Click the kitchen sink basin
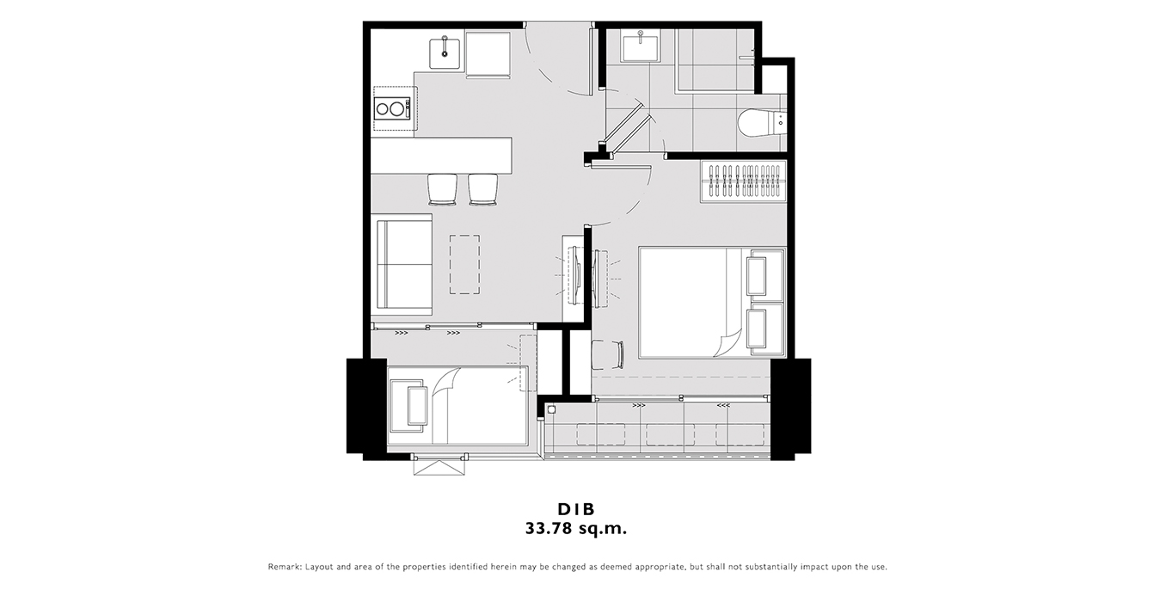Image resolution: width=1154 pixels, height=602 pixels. pyautogui.click(x=445, y=52)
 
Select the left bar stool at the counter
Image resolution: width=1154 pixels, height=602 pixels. pyautogui.click(x=442, y=190)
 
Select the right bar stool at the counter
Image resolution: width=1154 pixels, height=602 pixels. pyautogui.click(x=482, y=190)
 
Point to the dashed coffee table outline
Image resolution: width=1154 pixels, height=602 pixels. pyautogui.click(x=464, y=264)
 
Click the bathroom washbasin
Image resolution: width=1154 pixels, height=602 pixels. pyautogui.click(x=641, y=47)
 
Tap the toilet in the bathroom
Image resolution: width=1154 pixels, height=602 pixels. pyautogui.click(x=761, y=123)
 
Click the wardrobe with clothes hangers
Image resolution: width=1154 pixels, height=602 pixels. pyautogui.click(x=743, y=181)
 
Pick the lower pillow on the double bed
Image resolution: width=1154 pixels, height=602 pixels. pyautogui.click(x=765, y=329)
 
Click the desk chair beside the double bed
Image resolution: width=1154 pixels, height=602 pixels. pyautogui.click(x=607, y=354)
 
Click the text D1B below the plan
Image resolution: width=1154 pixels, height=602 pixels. pyautogui.click(x=576, y=509)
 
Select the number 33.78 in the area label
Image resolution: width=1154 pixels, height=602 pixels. pyautogui.click(x=548, y=528)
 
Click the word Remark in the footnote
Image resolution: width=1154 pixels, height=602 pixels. pyautogui.click(x=285, y=567)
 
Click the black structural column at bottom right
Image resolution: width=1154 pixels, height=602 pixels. pyautogui.click(x=790, y=406)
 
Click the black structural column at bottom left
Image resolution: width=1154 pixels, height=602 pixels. pyautogui.click(x=366, y=406)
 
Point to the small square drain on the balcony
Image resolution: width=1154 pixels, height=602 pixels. pyautogui.click(x=552, y=410)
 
